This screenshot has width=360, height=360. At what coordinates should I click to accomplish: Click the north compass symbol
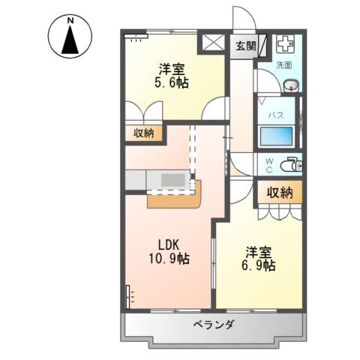point(70,35)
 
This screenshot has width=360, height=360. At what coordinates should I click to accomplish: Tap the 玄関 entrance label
point(244,46)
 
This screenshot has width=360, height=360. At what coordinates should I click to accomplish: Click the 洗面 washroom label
point(283,65)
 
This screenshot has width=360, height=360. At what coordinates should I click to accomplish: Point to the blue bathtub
point(275,137)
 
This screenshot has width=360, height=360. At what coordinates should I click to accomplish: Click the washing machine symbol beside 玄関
point(286,44)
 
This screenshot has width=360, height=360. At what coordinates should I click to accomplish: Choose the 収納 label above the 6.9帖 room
point(280,193)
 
